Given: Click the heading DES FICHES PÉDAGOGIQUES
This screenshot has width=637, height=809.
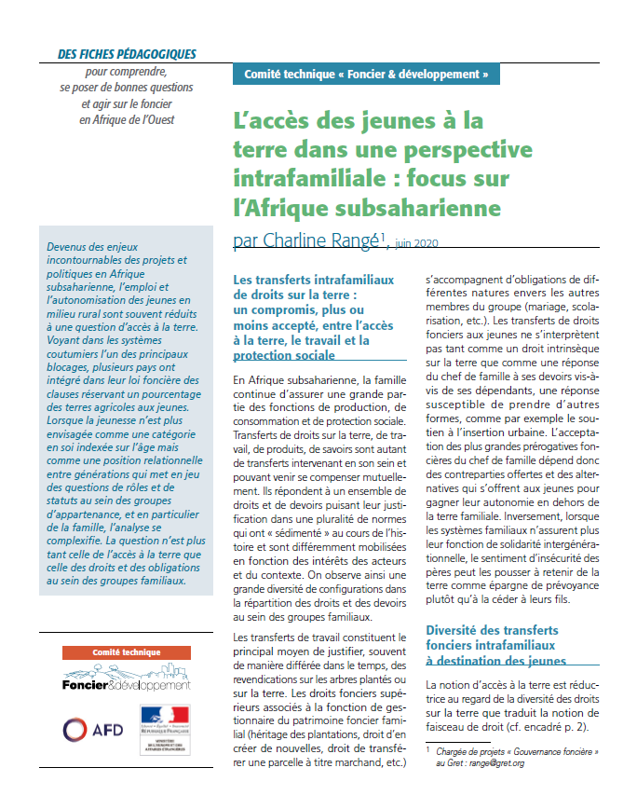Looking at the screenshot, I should click(x=127, y=54).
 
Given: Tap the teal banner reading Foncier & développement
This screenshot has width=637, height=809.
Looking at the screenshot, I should click(x=366, y=74).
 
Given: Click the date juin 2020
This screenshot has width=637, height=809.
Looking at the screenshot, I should click(x=416, y=243).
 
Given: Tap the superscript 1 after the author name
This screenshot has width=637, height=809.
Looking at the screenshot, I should click(x=382, y=238).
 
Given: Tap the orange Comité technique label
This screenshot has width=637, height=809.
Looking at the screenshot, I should click(x=126, y=652).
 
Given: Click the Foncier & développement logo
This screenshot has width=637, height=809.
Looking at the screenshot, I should click(x=126, y=679).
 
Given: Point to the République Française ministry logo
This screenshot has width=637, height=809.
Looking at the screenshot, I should click(x=164, y=729).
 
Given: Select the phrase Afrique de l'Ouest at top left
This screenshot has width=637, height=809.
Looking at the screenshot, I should click(x=140, y=119).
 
